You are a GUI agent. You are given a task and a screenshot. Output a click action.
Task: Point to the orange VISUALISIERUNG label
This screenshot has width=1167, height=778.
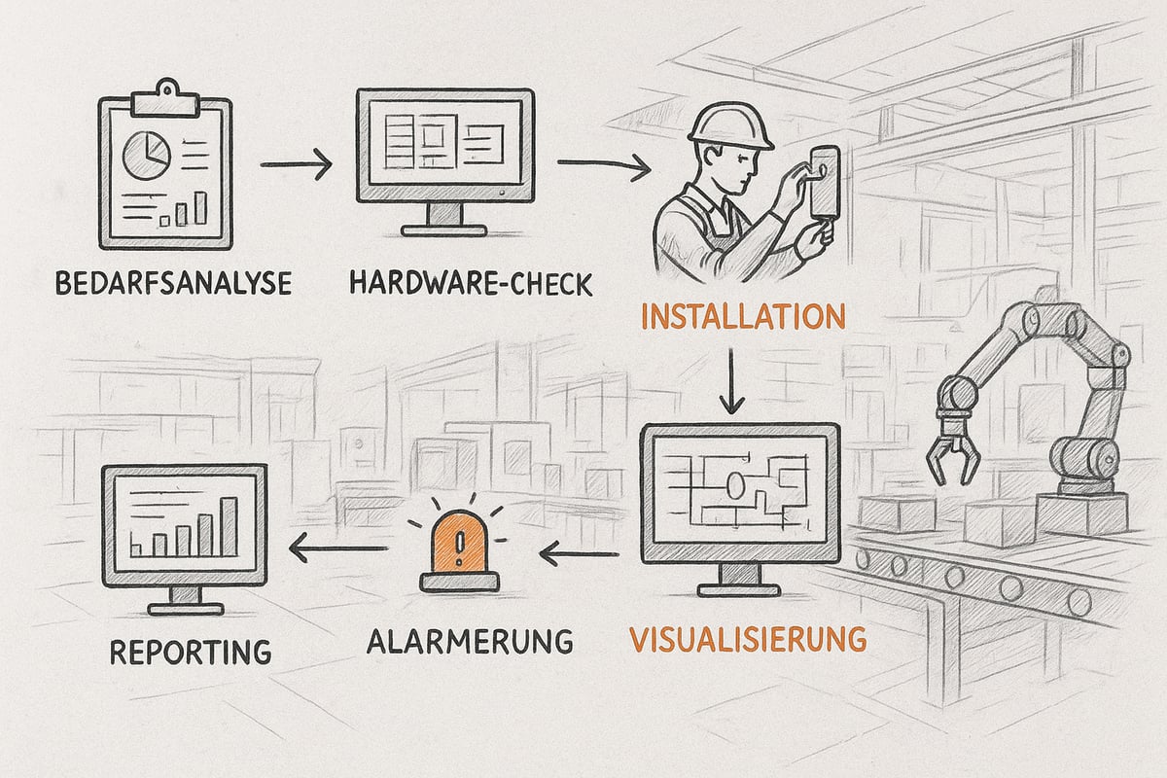[x=747, y=639]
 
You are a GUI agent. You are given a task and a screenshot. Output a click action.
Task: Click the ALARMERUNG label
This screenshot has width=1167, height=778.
[x=470, y=641]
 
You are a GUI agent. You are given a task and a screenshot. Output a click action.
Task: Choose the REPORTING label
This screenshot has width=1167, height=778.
[x=190, y=651]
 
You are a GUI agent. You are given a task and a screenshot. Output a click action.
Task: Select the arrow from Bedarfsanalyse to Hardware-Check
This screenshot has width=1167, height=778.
[x=296, y=165]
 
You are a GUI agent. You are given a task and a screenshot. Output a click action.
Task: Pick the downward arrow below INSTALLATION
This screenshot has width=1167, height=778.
[x=731, y=383]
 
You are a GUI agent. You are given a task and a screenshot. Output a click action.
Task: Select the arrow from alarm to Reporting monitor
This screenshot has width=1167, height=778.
[x=340, y=552]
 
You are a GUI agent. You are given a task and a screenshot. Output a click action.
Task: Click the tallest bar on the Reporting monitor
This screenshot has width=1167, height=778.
[x=230, y=525]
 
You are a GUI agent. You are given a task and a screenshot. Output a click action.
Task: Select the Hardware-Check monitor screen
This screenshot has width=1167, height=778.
[x=444, y=145]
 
